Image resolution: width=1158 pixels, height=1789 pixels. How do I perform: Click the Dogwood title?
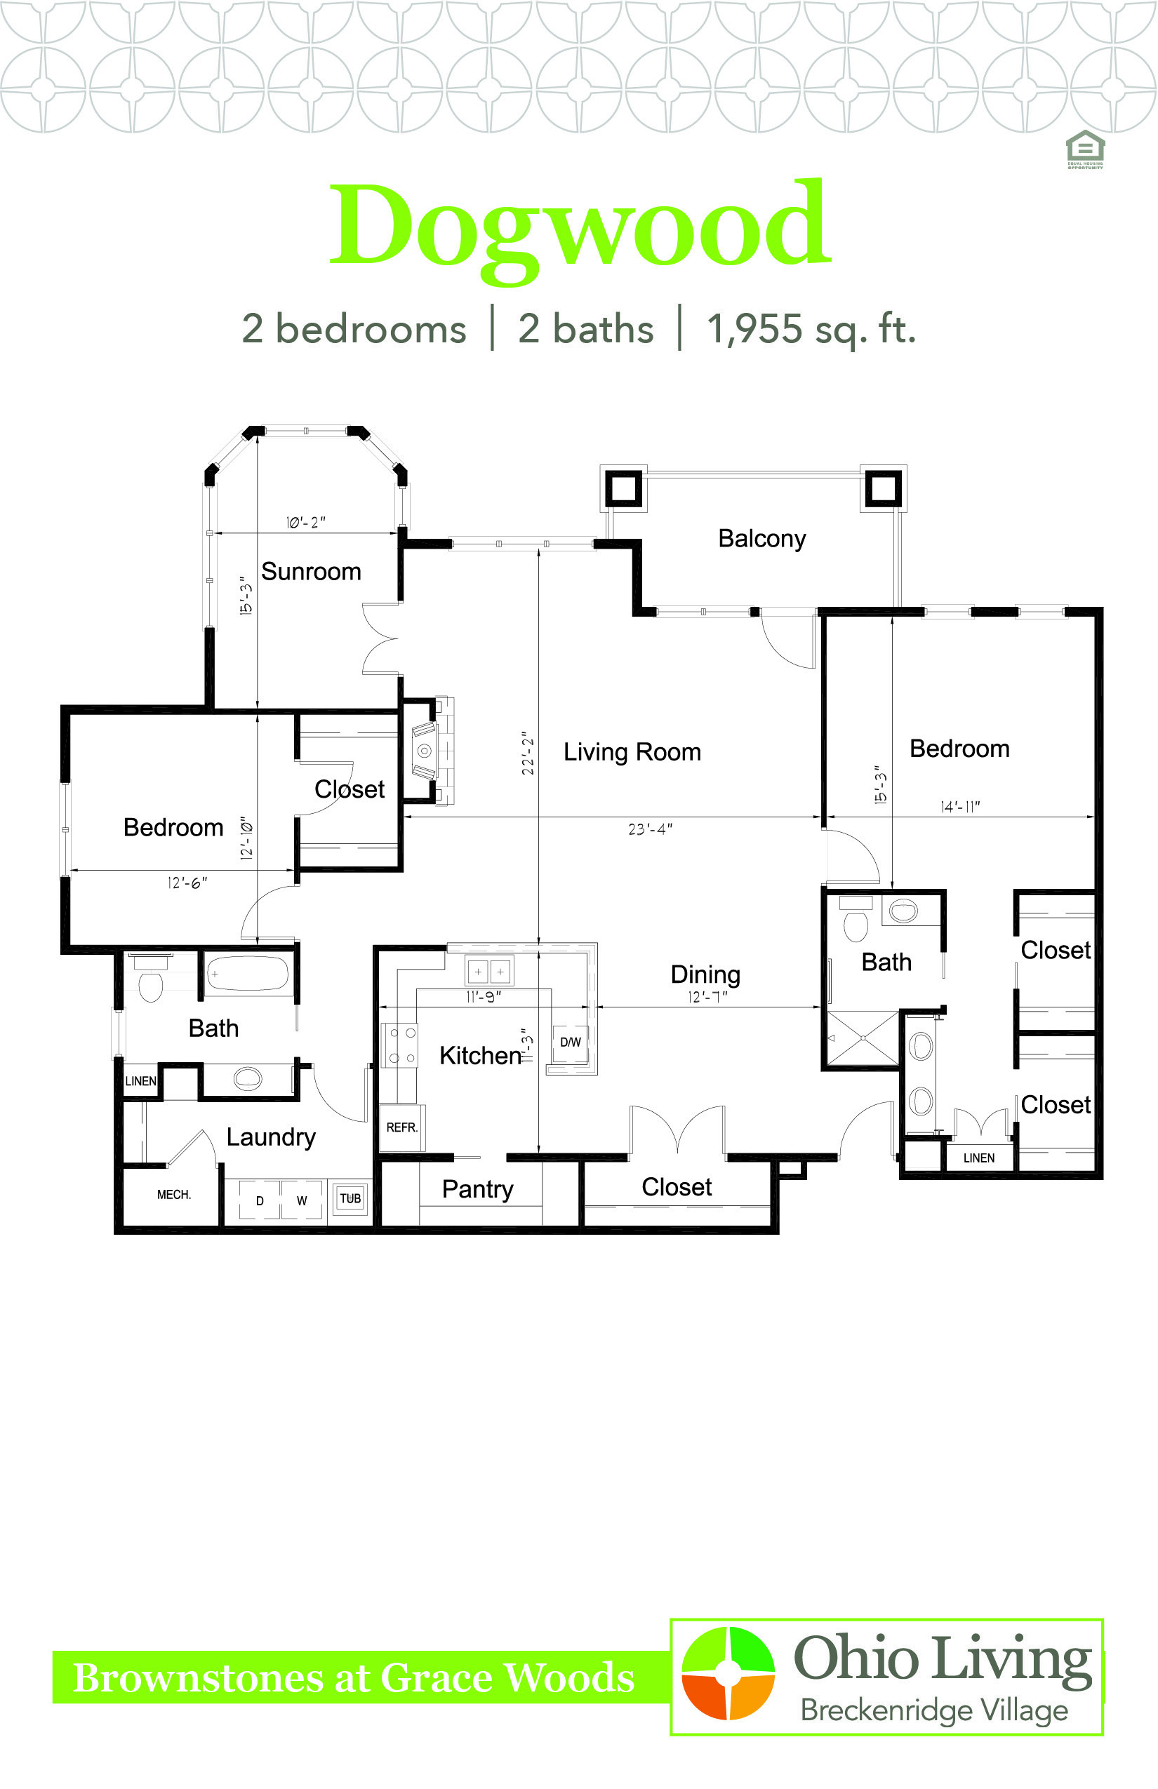pos(580,225)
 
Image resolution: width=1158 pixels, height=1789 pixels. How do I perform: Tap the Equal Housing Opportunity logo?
pos(1085,149)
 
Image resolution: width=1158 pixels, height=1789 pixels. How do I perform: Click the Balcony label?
pos(761,539)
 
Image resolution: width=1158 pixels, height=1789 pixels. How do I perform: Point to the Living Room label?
pos(632,751)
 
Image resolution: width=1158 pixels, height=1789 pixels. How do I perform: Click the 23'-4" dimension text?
pos(651,829)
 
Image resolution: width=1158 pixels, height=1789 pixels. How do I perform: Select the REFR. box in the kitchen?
pos(401,1127)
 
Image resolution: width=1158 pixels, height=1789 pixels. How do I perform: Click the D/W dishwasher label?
pos(571,1043)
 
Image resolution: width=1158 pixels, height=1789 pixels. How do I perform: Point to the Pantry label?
pos(477,1189)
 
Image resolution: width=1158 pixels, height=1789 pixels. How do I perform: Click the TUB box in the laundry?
pos(350,1198)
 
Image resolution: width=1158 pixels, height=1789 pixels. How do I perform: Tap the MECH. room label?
pos(174,1194)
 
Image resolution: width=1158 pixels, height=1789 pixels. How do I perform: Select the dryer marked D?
pos(260,1200)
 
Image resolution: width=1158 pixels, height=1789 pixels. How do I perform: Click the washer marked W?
pos(302,1200)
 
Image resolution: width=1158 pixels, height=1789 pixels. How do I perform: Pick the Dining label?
pos(705,975)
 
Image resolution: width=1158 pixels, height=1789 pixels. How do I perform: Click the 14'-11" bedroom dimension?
pos(960,807)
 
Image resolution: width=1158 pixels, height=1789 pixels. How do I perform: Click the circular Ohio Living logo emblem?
pos(728,1673)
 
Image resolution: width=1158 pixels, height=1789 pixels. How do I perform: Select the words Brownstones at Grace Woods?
pos(354,1677)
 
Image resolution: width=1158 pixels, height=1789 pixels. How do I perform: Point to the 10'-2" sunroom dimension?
pos(305,523)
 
